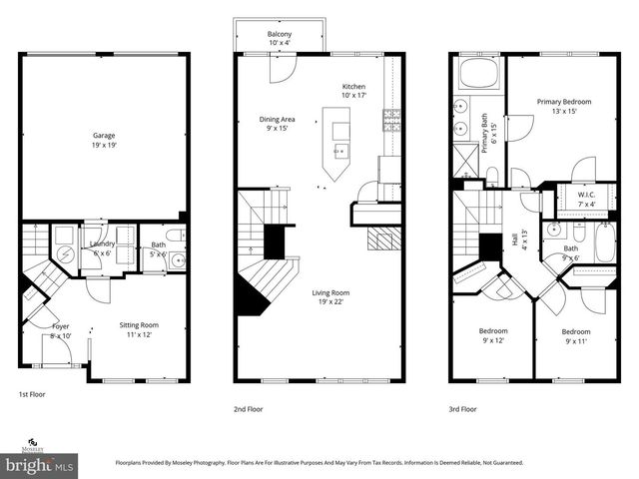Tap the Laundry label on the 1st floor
point(102,244)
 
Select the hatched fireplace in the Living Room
point(382,239)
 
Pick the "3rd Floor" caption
point(462,409)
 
